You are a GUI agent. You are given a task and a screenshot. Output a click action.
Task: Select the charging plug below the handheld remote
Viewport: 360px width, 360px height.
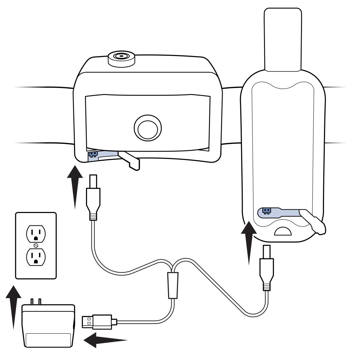(267, 267)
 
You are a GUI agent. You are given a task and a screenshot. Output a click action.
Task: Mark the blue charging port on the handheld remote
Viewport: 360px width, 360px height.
(266, 211)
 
